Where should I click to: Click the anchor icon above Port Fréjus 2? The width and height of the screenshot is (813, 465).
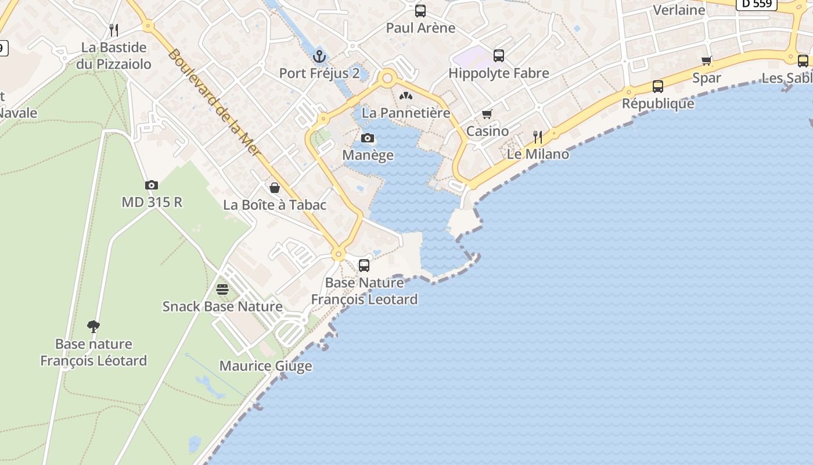pyautogui.click(x=319, y=56)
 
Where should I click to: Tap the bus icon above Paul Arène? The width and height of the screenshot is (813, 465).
pyautogui.click(x=420, y=11)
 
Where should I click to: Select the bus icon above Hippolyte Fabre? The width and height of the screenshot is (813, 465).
pyautogui.click(x=499, y=56)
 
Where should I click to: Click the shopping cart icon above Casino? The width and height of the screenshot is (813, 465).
pyautogui.click(x=487, y=115)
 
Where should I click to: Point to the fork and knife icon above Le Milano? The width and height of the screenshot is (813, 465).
pyautogui.click(x=538, y=137)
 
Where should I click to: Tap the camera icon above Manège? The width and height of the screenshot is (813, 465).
pyautogui.click(x=368, y=138)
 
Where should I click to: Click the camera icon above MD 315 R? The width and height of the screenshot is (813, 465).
pyautogui.click(x=152, y=185)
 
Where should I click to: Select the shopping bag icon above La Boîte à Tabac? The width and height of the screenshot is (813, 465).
pyautogui.click(x=275, y=188)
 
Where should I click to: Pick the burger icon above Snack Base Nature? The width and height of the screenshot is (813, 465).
pyautogui.click(x=222, y=289)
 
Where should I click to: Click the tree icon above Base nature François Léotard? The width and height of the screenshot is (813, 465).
pyautogui.click(x=93, y=326)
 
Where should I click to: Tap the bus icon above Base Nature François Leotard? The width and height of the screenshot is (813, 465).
pyautogui.click(x=364, y=266)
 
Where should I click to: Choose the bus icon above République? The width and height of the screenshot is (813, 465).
pyautogui.click(x=658, y=87)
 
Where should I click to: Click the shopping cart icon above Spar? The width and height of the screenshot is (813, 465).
pyautogui.click(x=707, y=61)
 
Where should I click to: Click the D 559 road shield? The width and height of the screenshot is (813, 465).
pyautogui.click(x=757, y=4)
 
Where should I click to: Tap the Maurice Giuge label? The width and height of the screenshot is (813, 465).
pyautogui.click(x=265, y=366)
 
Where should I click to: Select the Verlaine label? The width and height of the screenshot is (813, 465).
pyautogui.click(x=679, y=10)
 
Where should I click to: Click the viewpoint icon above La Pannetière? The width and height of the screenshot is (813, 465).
pyautogui.click(x=406, y=96)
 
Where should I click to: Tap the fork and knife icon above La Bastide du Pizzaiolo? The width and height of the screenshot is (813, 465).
pyautogui.click(x=114, y=30)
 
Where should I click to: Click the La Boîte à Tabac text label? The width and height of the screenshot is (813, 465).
pyautogui.click(x=275, y=205)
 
